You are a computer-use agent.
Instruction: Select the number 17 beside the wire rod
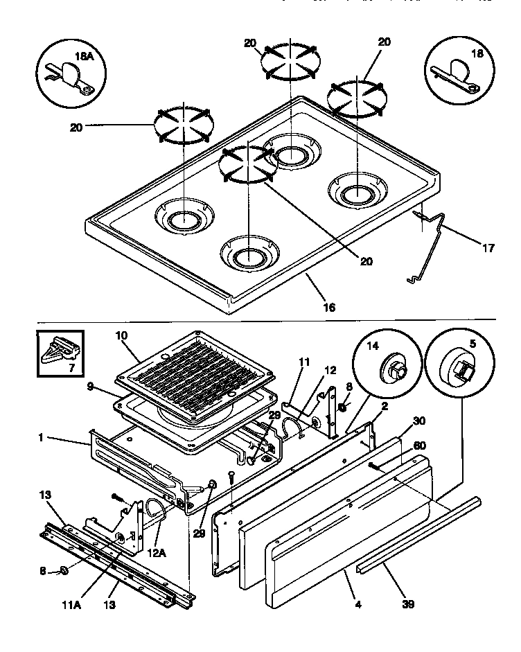[488, 247]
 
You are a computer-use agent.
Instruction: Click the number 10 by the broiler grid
[122, 335]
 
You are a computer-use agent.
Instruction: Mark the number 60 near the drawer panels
[419, 446]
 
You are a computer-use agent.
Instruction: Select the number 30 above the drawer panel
[418, 421]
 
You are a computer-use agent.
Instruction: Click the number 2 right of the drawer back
[385, 408]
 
